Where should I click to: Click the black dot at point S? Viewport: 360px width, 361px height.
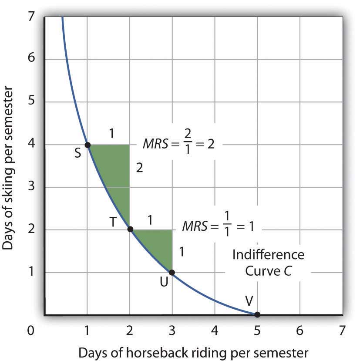coord(87,145)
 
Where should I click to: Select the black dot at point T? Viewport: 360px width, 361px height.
coord(130,229)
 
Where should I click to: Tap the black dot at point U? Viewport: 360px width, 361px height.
coord(172,272)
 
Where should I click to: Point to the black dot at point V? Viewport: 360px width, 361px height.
coord(257,314)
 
